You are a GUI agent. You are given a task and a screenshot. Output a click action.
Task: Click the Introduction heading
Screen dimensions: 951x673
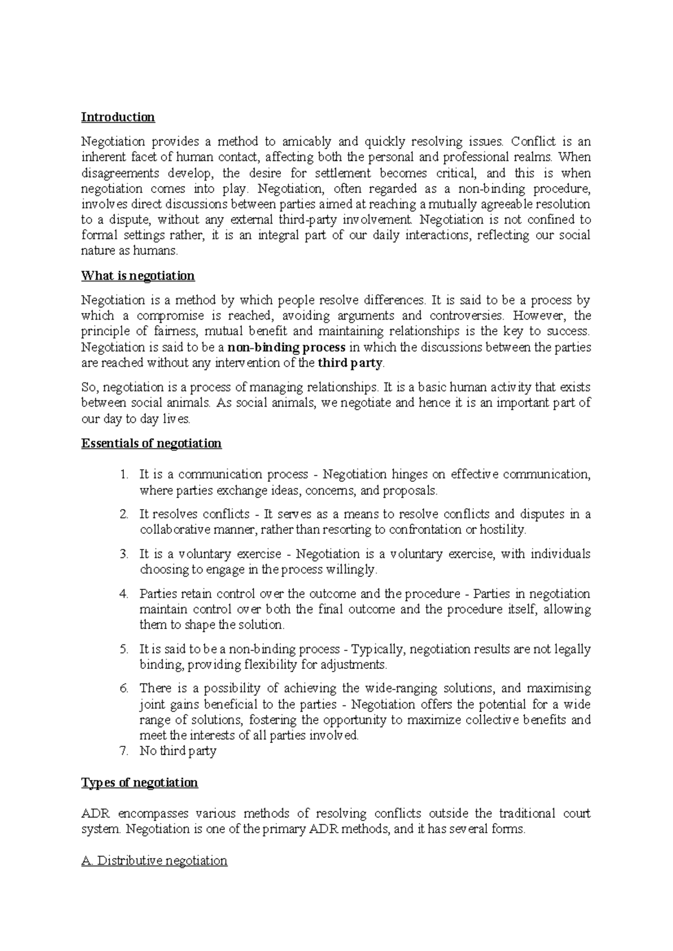(x=118, y=117)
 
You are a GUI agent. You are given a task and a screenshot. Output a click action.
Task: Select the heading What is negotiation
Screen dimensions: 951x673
(x=138, y=276)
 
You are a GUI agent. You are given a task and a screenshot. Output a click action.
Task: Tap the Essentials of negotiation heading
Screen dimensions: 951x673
(x=151, y=444)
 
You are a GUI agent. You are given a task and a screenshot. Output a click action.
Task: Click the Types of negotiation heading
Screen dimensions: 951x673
(x=140, y=782)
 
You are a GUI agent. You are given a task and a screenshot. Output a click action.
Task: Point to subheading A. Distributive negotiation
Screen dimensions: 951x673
(x=154, y=861)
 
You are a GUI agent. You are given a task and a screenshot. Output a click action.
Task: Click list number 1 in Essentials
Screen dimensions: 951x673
(x=125, y=475)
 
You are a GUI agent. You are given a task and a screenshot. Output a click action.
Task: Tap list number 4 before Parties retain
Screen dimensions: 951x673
(x=125, y=594)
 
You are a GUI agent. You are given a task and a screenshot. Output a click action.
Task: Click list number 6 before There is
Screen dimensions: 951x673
(x=125, y=688)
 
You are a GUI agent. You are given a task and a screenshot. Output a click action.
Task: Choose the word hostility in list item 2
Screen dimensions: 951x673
(x=504, y=530)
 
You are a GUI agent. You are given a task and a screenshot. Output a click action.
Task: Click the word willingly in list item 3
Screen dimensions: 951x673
(x=351, y=570)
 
